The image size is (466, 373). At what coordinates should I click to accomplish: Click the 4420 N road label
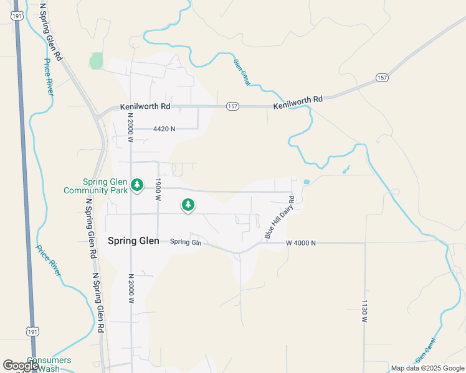click(x=164, y=129)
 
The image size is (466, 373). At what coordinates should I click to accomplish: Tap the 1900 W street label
click(x=158, y=188)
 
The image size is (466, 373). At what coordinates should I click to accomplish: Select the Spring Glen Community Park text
click(x=95, y=186)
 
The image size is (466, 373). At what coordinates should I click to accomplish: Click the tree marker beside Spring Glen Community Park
click(x=137, y=185)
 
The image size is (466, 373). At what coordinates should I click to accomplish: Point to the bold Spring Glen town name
click(x=133, y=241)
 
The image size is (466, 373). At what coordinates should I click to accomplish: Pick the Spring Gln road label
click(x=186, y=242)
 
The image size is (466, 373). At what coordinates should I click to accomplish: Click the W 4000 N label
click(x=301, y=243)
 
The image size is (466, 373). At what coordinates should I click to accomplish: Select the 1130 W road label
click(x=364, y=310)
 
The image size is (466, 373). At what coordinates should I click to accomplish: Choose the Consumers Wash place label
click(x=49, y=364)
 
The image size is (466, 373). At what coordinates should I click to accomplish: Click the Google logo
click(x=21, y=366)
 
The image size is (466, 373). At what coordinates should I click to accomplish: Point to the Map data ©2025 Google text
click(x=428, y=368)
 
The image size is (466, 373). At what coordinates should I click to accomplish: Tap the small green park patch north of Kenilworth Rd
click(x=96, y=61)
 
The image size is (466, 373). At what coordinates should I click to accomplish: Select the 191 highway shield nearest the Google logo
click(x=32, y=333)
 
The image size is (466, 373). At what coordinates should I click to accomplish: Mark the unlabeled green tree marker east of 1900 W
click(x=188, y=204)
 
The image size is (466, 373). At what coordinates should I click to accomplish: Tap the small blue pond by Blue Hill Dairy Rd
click(x=305, y=182)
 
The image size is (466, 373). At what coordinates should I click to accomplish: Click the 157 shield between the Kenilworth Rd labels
click(x=232, y=106)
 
